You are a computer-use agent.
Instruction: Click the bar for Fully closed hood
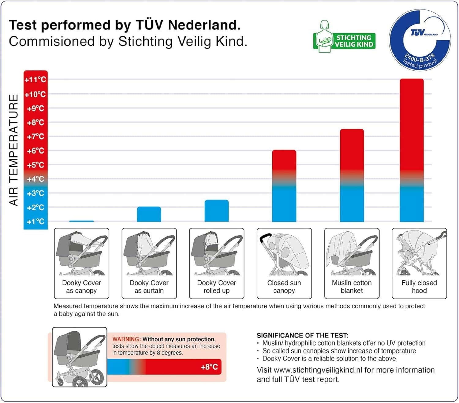click(x=412, y=150)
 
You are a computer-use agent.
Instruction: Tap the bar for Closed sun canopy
click(x=284, y=186)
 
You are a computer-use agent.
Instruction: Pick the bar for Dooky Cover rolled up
click(x=216, y=211)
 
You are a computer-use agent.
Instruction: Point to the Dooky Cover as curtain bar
click(x=149, y=214)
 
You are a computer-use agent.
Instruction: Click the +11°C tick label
click(x=35, y=80)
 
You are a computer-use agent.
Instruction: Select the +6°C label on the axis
click(x=35, y=151)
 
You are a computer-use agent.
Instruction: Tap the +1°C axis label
click(x=35, y=222)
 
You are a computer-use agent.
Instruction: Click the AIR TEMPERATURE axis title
click(x=14, y=150)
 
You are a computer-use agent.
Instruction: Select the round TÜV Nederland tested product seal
click(x=420, y=40)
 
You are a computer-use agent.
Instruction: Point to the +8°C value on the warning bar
click(x=209, y=367)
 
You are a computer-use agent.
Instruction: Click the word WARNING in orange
click(x=126, y=339)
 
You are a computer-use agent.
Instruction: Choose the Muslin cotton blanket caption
click(x=352, y=287)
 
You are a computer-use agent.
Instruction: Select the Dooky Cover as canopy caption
click(x=81, y=287)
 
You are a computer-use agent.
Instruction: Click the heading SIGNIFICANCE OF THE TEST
click(x=302, y=335)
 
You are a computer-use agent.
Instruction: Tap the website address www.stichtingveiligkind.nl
click(x=318, y=370)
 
